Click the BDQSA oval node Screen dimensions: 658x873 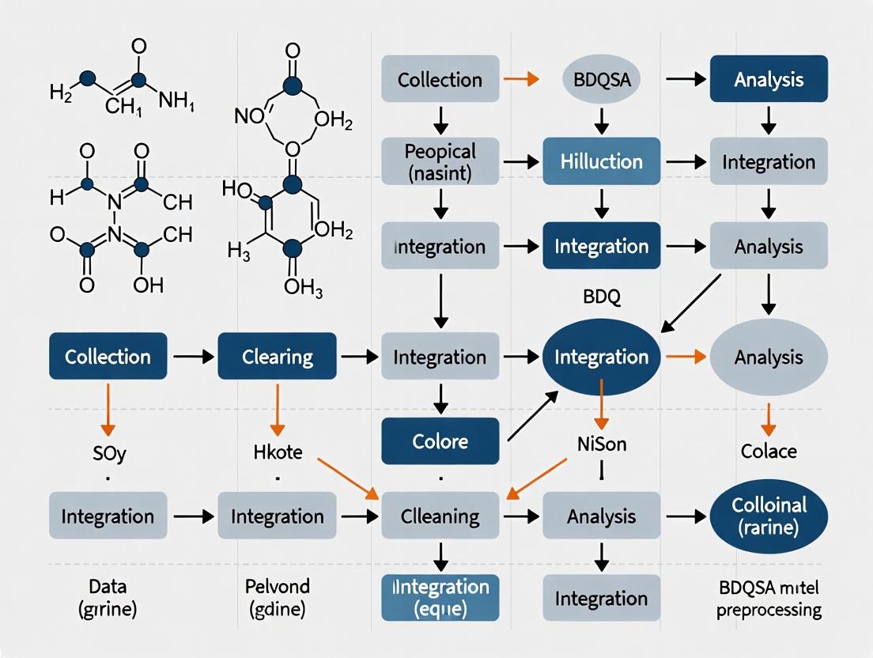click(601, 79)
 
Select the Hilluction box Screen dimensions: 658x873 click(601, 161)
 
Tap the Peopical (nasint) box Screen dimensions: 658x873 click(440, 161)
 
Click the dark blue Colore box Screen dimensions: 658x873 click(440, 441)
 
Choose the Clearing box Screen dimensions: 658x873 click(277, 357)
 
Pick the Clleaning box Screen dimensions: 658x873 click(440, 516)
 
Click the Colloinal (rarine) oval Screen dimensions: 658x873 click(769, 516)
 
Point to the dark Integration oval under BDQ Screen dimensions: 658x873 click(601, 357)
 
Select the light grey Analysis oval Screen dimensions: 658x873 click(769, 357)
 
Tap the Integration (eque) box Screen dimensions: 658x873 click(440, 598)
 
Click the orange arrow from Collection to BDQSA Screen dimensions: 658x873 click(520, 79)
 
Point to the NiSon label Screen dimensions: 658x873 click(602, 444)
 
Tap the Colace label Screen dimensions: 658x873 click(769, 451)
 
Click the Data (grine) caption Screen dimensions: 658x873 click(108, 598)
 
